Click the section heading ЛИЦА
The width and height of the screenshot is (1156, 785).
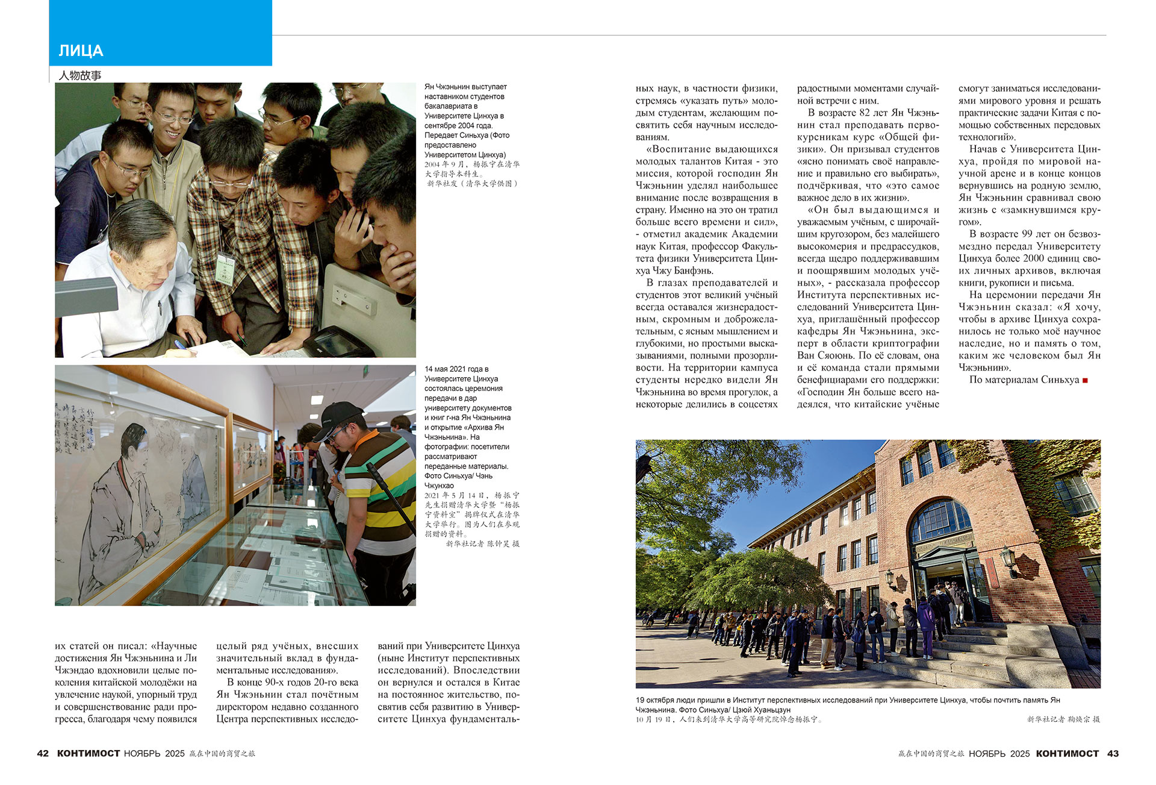pyautogui.click(x=81, y=51)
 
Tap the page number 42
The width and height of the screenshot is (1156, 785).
pyautogui.click(x=43, y=753)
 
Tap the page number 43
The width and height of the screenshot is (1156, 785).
pyautogui.click(x=1113, y=753)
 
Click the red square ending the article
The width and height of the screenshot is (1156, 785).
pyautogui.click(x=1085, y=380)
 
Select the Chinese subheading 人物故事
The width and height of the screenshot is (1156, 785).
pyautogui.click(x=80, y=75)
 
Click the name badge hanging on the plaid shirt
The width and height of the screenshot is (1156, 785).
pyautogui.click(x=225, y=267)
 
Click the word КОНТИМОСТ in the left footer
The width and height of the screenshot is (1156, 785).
pyautogui.click(x=89, y=753)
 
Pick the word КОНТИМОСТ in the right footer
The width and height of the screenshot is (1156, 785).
pyautogui.click(x=1067, y=753)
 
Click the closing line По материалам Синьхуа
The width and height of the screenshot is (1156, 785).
pyautogui.click(x=1024, y=380)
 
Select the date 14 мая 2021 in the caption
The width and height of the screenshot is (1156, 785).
pyautogui.click(x=452, y=369)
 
